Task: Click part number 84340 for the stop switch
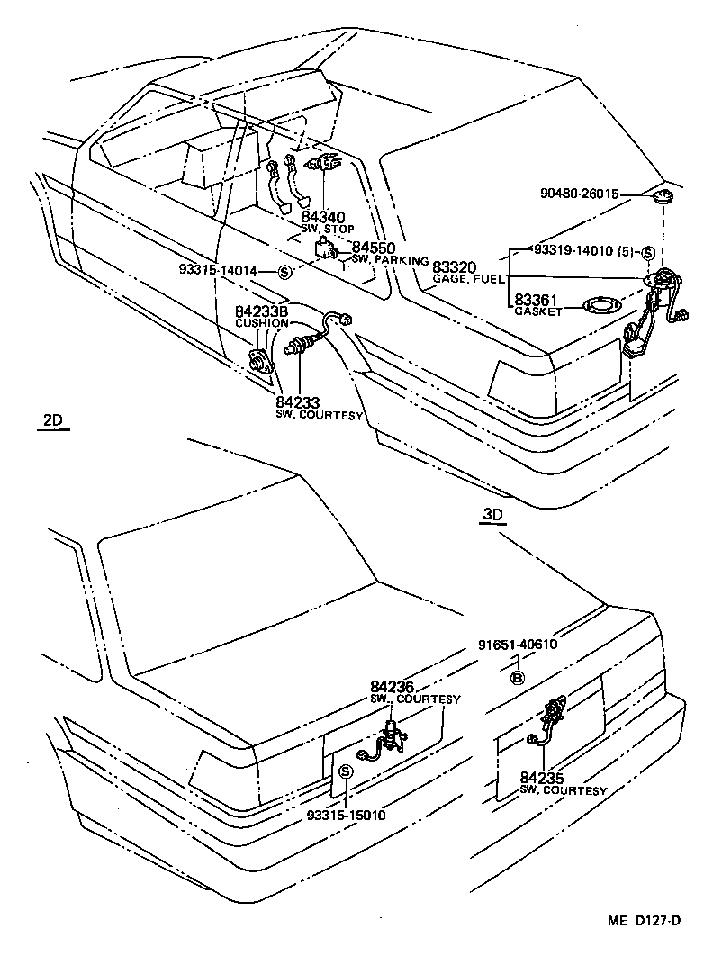pyautogui.click(x=323, y=217)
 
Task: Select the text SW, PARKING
pyautogui.click(x=391, y=260)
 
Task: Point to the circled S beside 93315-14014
pyautogui.click(x=284, y=272)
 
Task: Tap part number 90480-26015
pyautogui.click(x=584, y=194)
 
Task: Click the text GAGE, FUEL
pyautogui.click(x=464, y=280)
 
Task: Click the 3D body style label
pyautogui.click(x=493, y=515)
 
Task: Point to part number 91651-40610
pyautogui.click(x=518, y=645)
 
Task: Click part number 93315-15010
pyautogui.click(x=345, y=816)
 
